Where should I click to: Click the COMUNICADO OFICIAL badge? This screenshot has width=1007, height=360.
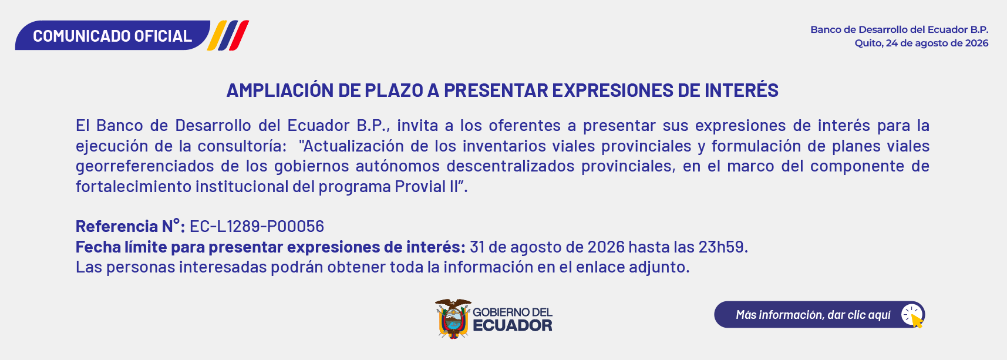(113, 35)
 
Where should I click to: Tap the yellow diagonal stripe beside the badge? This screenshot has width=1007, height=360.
(217, 35)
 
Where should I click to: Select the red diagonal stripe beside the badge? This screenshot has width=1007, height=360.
(239, 35)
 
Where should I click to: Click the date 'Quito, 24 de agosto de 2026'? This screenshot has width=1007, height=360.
(921, 43)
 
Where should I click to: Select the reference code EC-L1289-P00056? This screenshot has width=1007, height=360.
(257, 226)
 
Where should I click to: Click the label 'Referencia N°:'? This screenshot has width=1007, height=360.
(130, 226)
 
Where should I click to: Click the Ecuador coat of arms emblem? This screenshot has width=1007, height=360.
(453, 319)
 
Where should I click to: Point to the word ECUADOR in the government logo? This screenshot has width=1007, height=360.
(513, 325)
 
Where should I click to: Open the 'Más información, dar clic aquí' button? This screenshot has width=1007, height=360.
(820, 315)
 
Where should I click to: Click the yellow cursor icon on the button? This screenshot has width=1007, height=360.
(917, 321)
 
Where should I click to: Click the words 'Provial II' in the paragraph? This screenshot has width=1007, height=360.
(426, 186)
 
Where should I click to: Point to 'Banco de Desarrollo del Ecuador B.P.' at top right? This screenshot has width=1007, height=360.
(900, 29)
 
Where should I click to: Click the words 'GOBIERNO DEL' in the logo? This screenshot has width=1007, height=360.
(513, 312)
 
